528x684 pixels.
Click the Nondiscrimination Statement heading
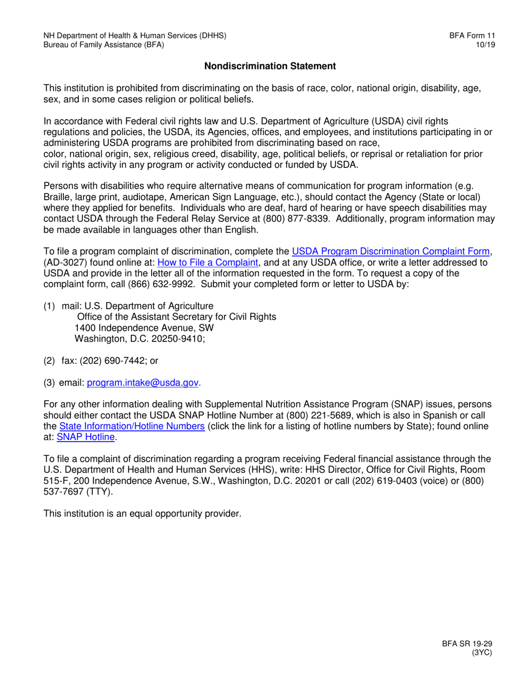click(270, 66)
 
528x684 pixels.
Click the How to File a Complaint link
click(208, 262)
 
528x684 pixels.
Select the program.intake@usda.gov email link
click(143, 383)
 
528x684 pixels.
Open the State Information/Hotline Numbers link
click(132, 426)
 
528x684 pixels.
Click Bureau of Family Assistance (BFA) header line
click(104, 45)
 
